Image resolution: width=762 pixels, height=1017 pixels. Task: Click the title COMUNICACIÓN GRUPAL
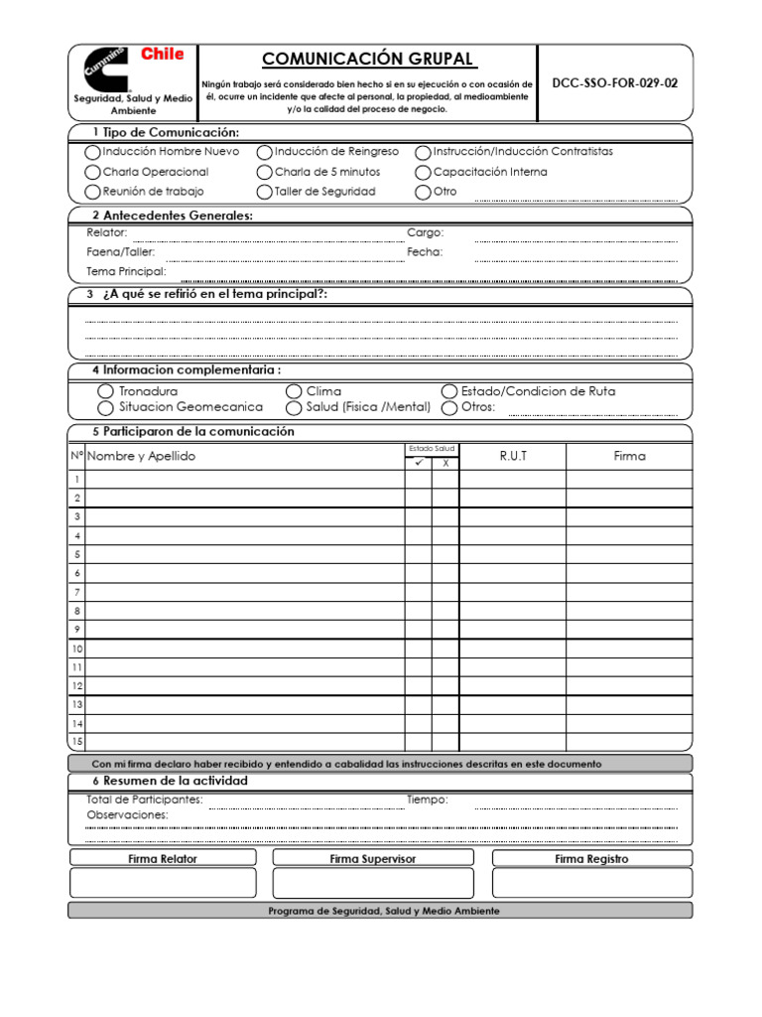(x=368, y=60)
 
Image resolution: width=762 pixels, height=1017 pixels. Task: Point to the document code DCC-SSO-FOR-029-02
(x=615, y=83)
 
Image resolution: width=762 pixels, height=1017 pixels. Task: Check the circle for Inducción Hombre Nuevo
(x=93, y=153)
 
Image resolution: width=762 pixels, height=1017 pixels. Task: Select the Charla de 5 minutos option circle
(x=265, y=173)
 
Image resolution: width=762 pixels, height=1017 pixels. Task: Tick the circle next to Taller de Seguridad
(x=265, y=192)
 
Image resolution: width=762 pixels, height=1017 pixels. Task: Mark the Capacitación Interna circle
(x=424, y=173)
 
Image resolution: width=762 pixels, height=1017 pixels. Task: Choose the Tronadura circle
(x=106, y=392)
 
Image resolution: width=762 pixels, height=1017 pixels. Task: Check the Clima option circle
(x=294, y=392)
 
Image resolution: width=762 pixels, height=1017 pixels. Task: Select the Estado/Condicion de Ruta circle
(x=449, y=392)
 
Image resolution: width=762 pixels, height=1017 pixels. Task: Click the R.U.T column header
(x=513, y=456)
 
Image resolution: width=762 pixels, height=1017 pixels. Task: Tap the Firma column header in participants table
(x=629, y=456)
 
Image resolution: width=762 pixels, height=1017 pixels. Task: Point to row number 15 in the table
(x=76, y=742)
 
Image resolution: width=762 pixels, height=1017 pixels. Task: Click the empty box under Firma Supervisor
(x=372, y=883)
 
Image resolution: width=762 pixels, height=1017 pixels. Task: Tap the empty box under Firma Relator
(x=163, y=883)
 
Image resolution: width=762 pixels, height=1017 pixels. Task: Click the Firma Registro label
(x=591, y=859)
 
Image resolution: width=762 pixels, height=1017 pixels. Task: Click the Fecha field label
(x=425, y=252)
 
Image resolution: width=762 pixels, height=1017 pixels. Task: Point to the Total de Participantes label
(x=145, y=799)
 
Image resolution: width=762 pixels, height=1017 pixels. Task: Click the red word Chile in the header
(x=162, y=55)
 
